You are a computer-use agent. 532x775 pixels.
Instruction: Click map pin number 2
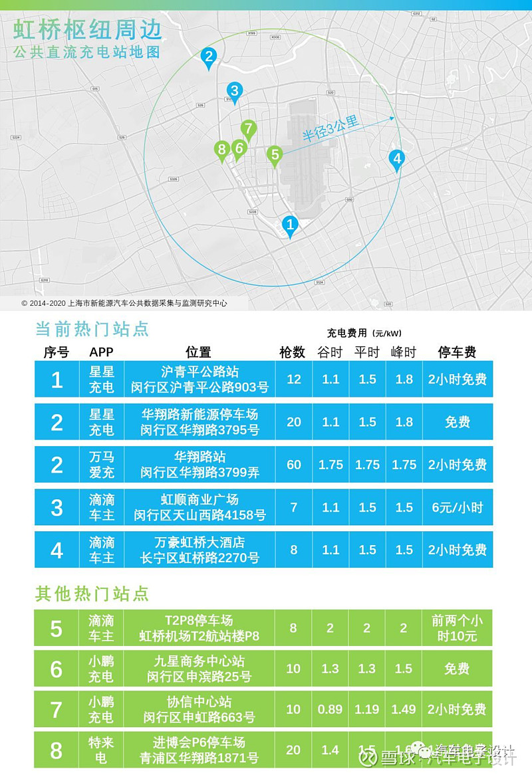click(x=209, y=58)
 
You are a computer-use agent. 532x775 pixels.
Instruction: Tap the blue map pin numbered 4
click(x=397, y=160)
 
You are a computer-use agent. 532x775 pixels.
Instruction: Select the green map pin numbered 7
click(x=248, y=129)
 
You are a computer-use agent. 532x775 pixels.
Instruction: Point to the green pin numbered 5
click(x=274, y=156)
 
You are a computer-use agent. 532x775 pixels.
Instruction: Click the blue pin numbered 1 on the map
click(x=289, y=225)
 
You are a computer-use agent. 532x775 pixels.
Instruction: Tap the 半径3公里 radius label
click(x=331, y=128)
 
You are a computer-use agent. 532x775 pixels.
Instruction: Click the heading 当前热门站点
click(x=92, y=329)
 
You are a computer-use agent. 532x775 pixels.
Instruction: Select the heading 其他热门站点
click(x=92, y=594)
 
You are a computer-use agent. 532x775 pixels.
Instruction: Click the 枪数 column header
click(x=293, y=352)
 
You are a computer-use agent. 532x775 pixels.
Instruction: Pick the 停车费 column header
click(x=457, y=352)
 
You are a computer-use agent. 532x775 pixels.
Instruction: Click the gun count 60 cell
click(x=294, y=465)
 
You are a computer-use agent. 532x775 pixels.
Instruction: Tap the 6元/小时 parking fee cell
click(x=457, y=507)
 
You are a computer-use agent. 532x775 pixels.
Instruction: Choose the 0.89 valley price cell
click(x=331, y=709)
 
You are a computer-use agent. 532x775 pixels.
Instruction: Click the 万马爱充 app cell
click(x=102, y=465)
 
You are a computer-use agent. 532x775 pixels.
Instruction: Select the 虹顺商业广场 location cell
click(x=199, y=507)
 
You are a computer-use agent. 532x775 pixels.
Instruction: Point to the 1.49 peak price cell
click(x=404, y=709)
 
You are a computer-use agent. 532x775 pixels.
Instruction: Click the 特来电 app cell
click(x=102, y=750)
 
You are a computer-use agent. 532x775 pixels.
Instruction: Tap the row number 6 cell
click(x=57, y=669)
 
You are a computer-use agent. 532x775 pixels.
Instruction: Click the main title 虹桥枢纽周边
click(x=88, y=31)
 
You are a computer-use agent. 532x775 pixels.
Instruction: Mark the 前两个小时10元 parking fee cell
click(x=457, y=627)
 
